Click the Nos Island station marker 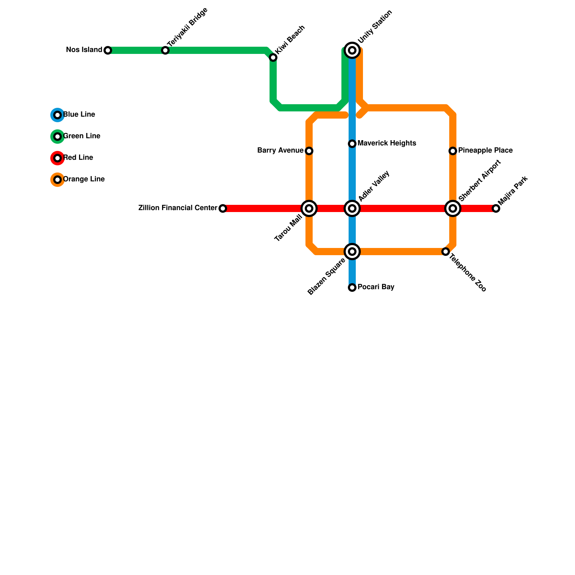(x=108, y=50)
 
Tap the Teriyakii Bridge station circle (x=165, y=50)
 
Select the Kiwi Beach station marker (x=273, y=57)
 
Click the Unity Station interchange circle (x=352, y=50)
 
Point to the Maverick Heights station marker (x=352, y=144)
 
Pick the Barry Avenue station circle (x=309, y=151)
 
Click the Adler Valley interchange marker (x=352, y=208)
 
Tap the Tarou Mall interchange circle (x=309, y=208)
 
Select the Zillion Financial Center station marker (x=223, y=208)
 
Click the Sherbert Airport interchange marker (x=453, y=208)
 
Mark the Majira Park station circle (x=496, y=208)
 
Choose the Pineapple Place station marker (x=453, y=151)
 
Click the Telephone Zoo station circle (x=446, y=252)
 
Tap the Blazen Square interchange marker (x=352, y=252)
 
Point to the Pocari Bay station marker (x=352, y=287)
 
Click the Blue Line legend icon (x=57, y=115)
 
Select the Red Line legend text (x=78, y=158)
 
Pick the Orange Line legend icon (x=57, y=180)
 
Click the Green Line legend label (x=82, y=136)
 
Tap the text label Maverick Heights (x=387, y=143)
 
